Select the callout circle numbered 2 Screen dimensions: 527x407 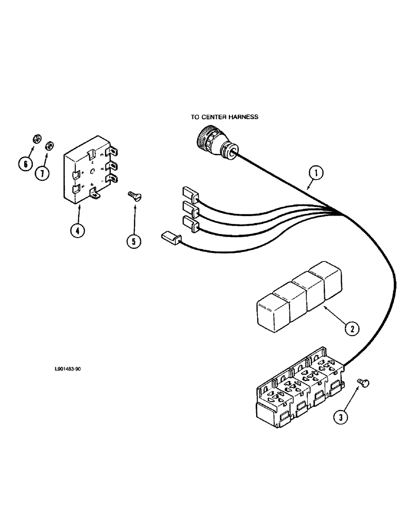click(351, 329)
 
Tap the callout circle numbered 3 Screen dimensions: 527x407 click(341, 418)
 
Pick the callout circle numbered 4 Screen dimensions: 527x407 click(77, 231)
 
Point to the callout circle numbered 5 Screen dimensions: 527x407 click(133, 241)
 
